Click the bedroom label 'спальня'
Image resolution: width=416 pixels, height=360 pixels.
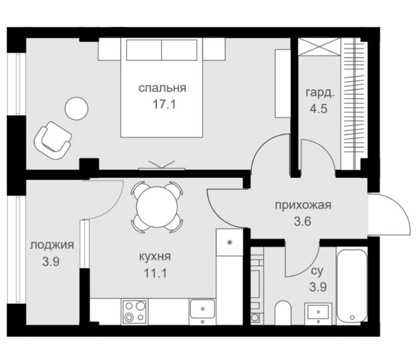click(x=162, y=88)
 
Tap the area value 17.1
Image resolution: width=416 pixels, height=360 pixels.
click(x=164, y=104)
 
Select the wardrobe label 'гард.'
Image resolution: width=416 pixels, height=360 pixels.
click(x=319, y=94)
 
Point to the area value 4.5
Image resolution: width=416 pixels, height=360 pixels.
click(x=319, y=109)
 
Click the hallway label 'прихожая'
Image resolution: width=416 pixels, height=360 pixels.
click(x=303, y=205)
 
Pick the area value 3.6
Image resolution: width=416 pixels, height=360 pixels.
click(x=303, y=221)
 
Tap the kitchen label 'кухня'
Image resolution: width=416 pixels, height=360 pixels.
click(x=155, y=257)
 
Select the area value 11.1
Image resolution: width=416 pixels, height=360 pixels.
click(x=155, y=273)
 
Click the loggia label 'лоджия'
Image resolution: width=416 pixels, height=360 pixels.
click(x=52, y=245)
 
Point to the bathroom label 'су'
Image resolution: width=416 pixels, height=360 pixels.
click(x=317, y=271)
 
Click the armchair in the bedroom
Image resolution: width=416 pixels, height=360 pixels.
click(x=52, y=140)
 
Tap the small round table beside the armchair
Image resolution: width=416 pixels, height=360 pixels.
click(x=77, y=109)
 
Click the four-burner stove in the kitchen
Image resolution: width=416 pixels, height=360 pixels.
click(x=135, y=312)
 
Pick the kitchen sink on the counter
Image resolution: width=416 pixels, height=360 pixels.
click(x=203, y=309)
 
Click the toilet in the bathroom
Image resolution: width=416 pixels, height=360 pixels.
click(x=283, y=313)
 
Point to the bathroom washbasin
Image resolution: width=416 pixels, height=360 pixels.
click(x=318, y=313)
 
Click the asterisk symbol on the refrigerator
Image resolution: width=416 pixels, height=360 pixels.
click(x=230, y=242)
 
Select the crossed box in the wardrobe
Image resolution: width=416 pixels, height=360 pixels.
click(x=319, y=47)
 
